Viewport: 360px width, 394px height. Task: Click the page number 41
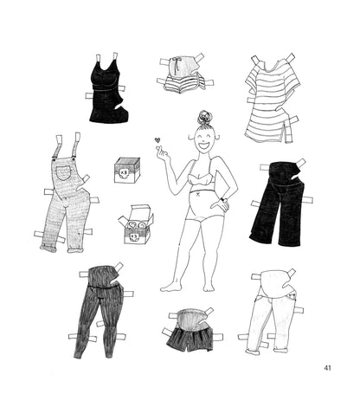coord(327,368)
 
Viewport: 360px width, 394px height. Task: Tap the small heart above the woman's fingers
coord(157,140)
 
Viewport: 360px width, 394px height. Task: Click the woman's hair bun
coord(204,117)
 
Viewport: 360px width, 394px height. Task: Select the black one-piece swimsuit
coord(107,89)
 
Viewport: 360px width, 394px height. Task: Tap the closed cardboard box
coord(127,171)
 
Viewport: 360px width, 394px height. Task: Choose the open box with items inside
coord(136,224)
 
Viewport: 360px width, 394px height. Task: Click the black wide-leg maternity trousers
coord(279,203)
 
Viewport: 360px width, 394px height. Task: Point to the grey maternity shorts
coord(190,331)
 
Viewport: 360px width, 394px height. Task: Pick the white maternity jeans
coord(270,312)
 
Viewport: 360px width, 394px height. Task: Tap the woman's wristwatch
coord(222,199)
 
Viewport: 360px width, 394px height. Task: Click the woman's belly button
coord(197,195)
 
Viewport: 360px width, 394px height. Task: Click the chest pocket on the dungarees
coord(63,172)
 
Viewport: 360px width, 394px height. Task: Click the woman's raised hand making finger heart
coord(162,153)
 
